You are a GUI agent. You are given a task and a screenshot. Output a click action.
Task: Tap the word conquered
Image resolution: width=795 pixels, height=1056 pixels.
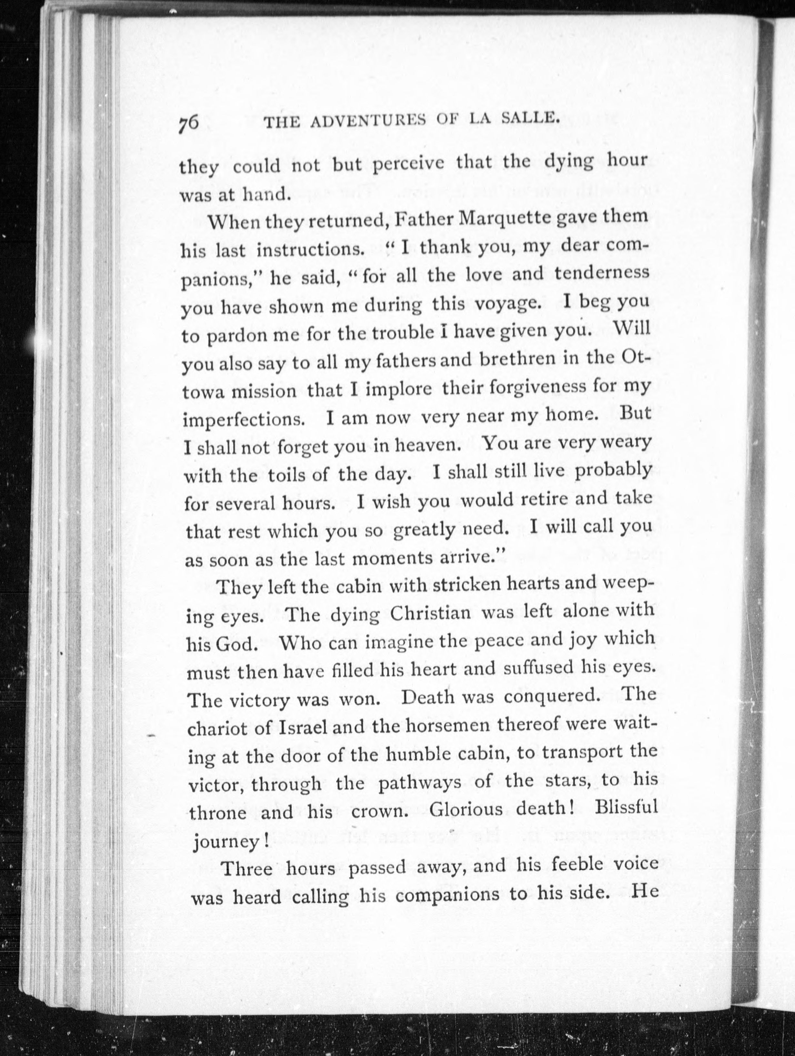click(x=552, y=696)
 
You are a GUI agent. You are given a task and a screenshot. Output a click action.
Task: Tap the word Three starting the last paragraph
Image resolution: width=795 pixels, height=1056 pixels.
click(x=247, y=868)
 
